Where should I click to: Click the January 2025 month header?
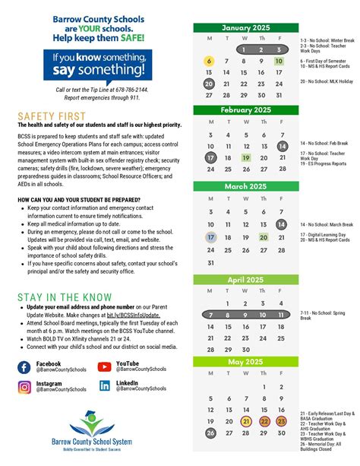pyautogui.click(x=245, y=28)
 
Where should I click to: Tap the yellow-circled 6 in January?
pyautogui.click(x=210, y=62)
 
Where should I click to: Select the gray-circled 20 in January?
pyautogui.click(x=210, y=84)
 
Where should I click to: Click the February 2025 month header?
pyautogui.click(x=245, y=110)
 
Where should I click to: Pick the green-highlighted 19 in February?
pyautogui.click(x=245, y=158)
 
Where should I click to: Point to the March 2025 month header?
pyautogui.click(x=245, y=186)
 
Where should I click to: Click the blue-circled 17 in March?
pyautogui.click(x=210, y=237)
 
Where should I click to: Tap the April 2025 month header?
pyautogui.click(x=245, y=278)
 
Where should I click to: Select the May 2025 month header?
pyautogui.click(x=245, y=362)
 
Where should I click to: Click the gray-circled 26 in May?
pyautogui.click(x=210, y=433)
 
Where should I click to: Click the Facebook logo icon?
pyautogui.click(x=24, y=367)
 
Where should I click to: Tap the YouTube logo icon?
pyautogui.click(x=105, y=367)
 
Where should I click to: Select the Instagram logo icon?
pyautogui.click(x=24, y=386)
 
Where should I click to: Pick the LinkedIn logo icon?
pyautogui.click(x=105, y=386)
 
